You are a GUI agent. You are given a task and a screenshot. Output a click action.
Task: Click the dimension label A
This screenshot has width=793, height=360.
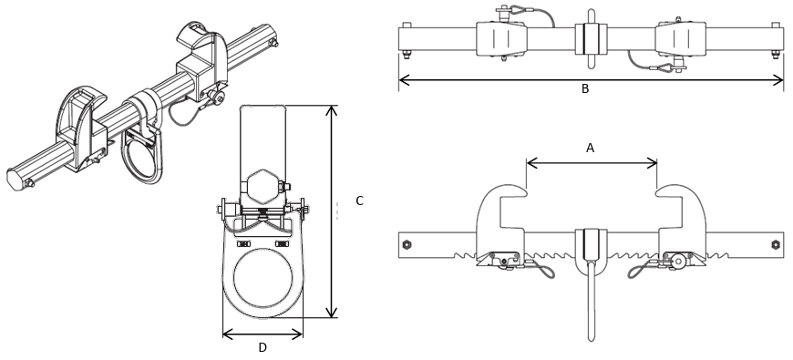(x=590, y=148)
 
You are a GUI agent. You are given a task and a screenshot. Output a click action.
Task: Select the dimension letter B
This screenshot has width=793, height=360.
(x=585, y=89)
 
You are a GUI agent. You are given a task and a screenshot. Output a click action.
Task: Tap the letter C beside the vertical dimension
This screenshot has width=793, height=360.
(x=359, y=201)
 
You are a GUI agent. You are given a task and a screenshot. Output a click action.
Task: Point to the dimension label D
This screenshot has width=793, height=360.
(x=263, y=347)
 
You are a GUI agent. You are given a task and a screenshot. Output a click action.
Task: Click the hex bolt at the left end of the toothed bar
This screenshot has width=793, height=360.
(x=407, y=244)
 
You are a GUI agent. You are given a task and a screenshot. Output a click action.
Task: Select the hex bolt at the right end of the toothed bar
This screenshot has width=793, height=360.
(x=775, y=244)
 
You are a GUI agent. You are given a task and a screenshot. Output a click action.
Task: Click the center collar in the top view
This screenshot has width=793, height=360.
(x=590, y=40)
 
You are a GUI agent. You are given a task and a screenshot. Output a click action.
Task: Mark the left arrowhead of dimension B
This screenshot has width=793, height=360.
(x=403, y=80)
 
